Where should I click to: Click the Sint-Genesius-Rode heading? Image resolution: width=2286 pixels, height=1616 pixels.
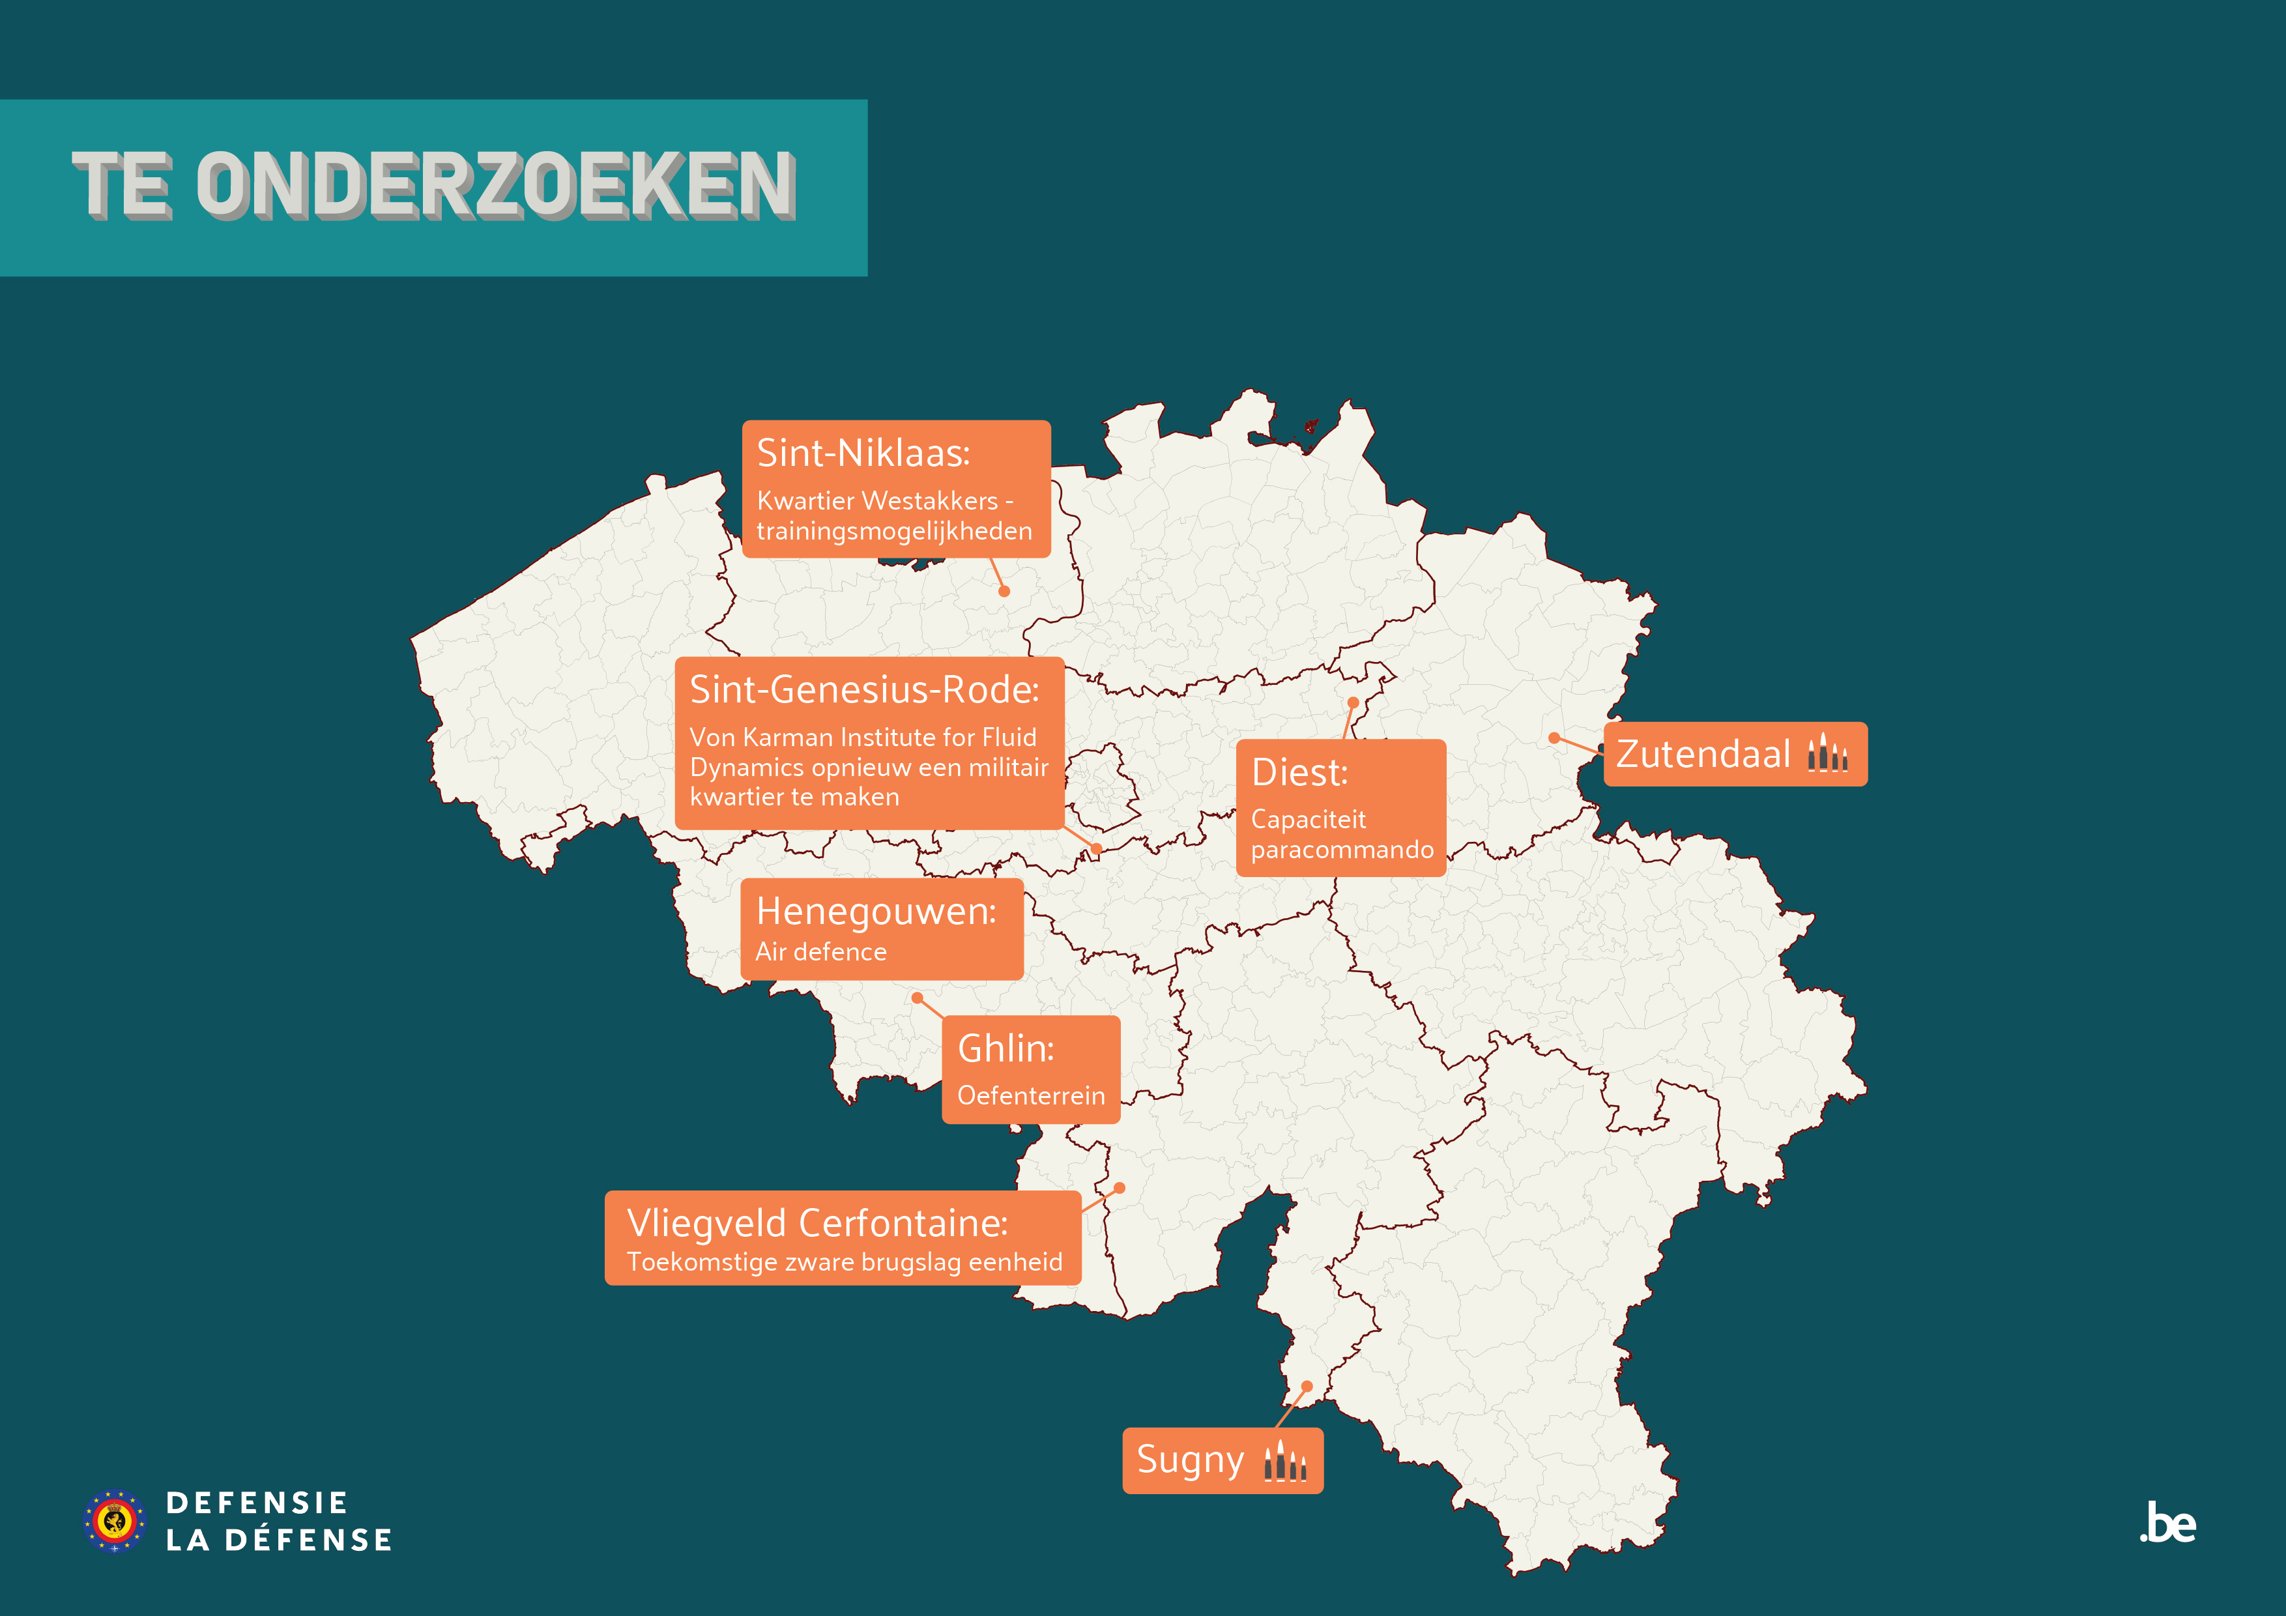pos(863,689)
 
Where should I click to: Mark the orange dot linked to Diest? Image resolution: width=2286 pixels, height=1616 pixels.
pos(1353,703)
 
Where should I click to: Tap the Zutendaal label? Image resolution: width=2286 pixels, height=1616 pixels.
pos(1703,755)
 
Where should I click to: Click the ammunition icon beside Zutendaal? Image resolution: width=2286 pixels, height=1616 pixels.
pos(1827,754)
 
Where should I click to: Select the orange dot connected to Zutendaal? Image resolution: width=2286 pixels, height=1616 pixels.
pos(1554,738)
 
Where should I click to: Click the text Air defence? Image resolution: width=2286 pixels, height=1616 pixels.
pos(820,952)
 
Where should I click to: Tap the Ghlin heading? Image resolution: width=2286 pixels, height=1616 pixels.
pos(1005,1048)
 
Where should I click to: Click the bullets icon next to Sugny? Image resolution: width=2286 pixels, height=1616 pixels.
pos(1284,1462)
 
